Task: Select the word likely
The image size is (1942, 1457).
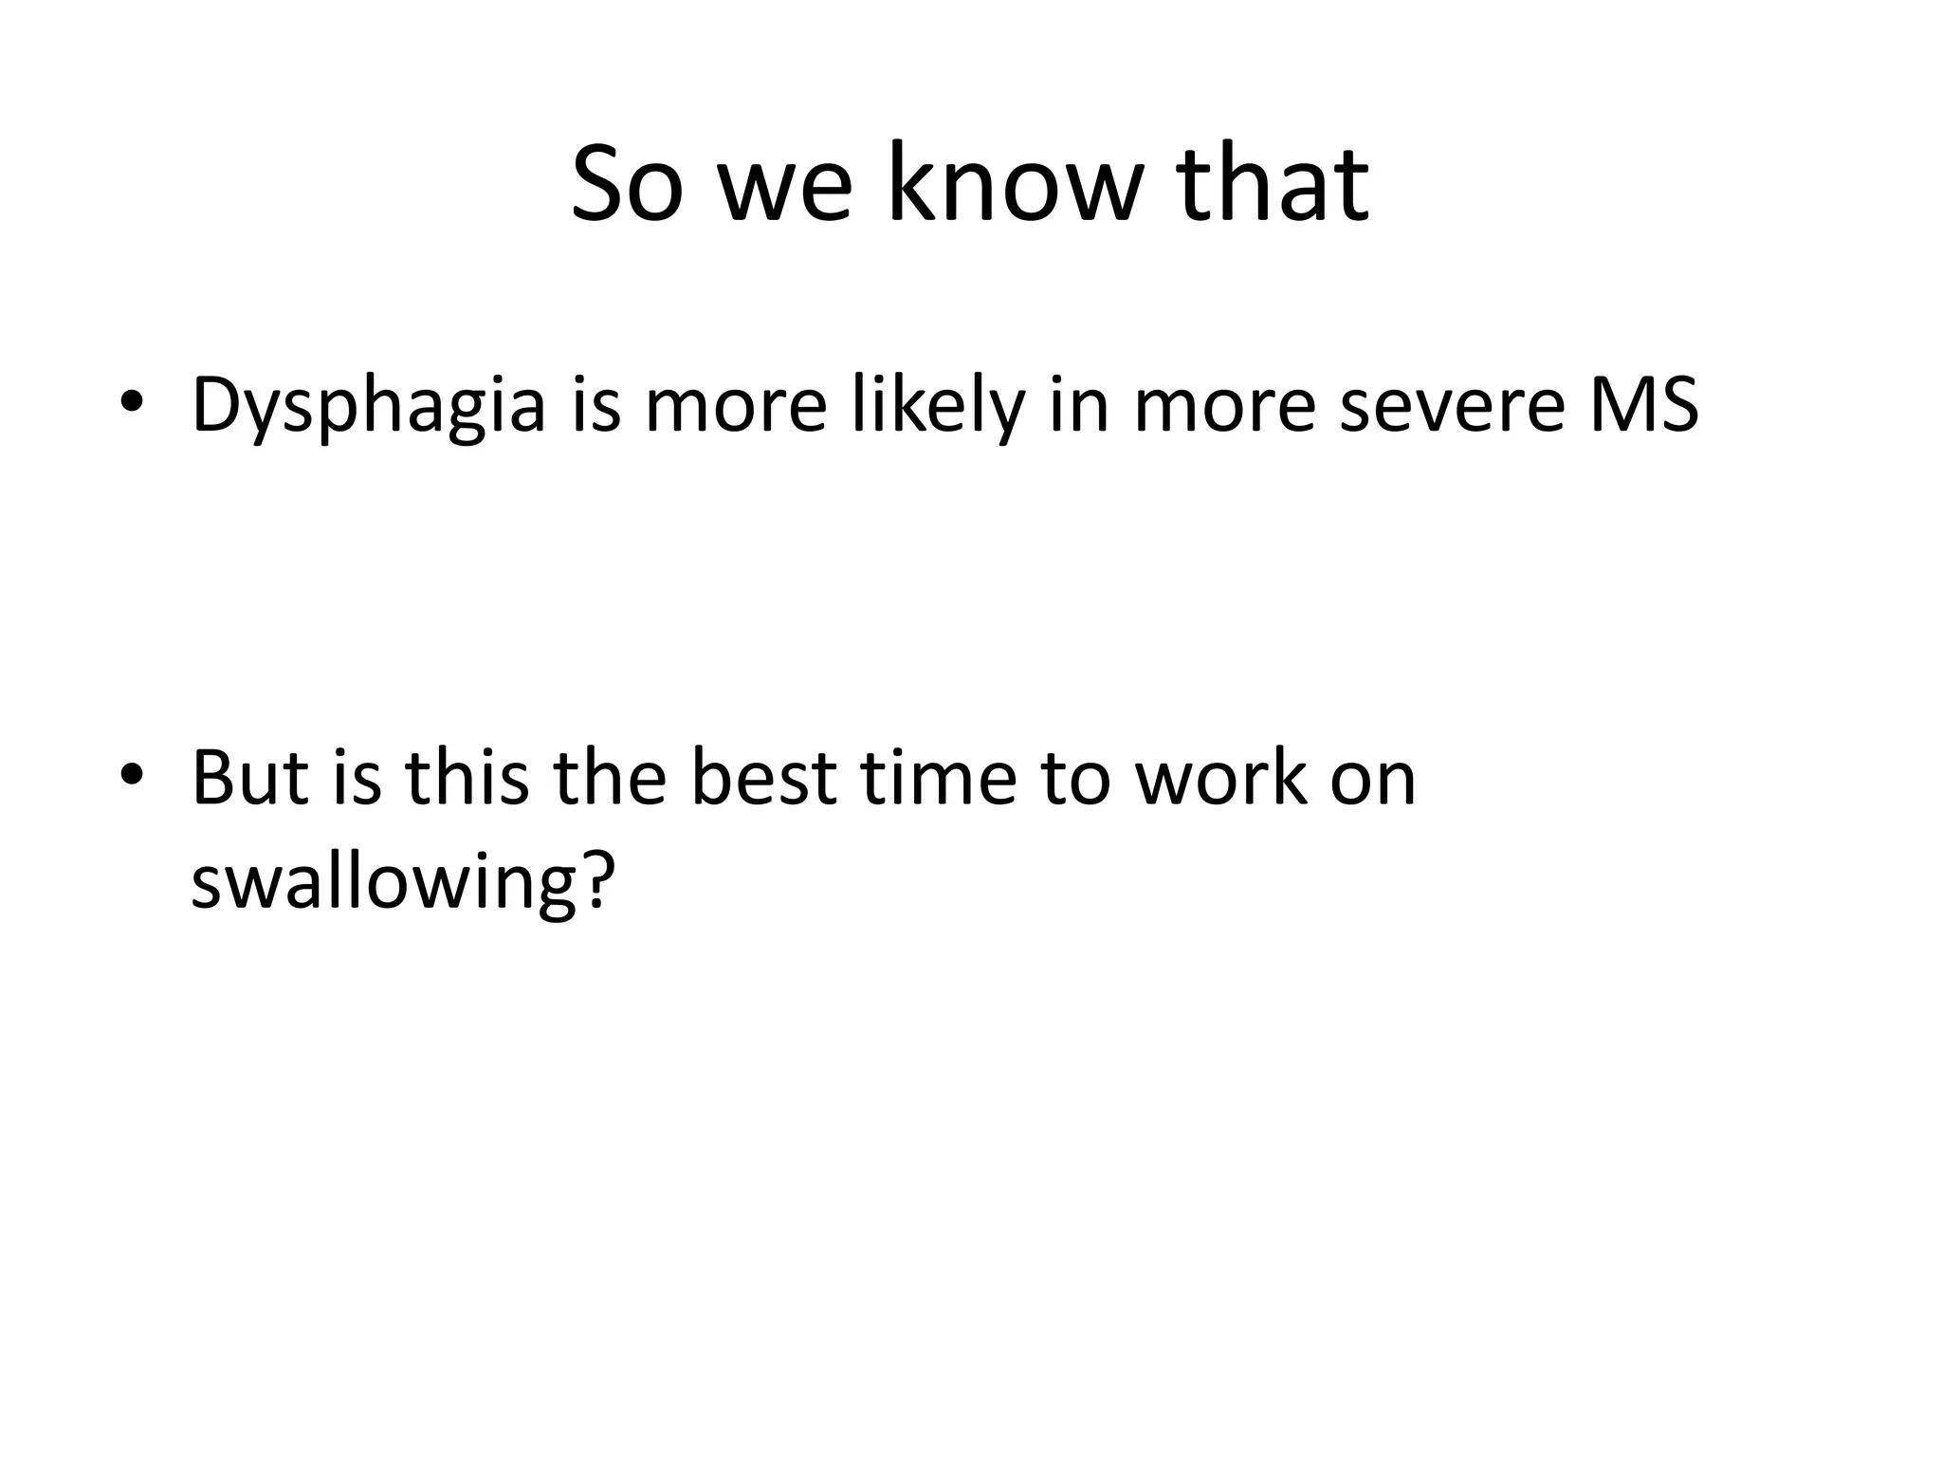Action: pyautogui.click(x=939, y=406)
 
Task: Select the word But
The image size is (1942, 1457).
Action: pyautogui.click(x=249, y=776)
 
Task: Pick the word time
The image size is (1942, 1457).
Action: pyautogui.click(x=938, y=776)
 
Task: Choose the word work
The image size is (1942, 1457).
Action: pyautogui.click(x=1221, y=776)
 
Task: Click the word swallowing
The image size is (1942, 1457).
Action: pyautogui.click(x=398, y=882)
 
